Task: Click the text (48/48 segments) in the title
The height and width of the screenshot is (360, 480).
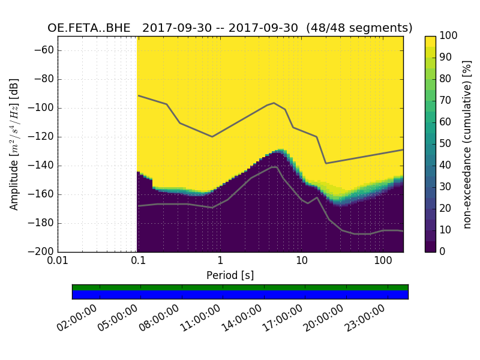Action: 359,28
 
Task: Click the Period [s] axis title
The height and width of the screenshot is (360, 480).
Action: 230,275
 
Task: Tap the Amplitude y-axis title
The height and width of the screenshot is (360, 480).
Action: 14,144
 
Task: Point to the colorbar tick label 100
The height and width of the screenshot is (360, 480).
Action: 449,36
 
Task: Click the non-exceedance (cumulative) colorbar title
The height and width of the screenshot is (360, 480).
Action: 468,144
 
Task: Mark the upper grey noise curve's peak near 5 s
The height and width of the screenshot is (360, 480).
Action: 274,103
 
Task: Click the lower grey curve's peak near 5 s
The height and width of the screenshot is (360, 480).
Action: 274,167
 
